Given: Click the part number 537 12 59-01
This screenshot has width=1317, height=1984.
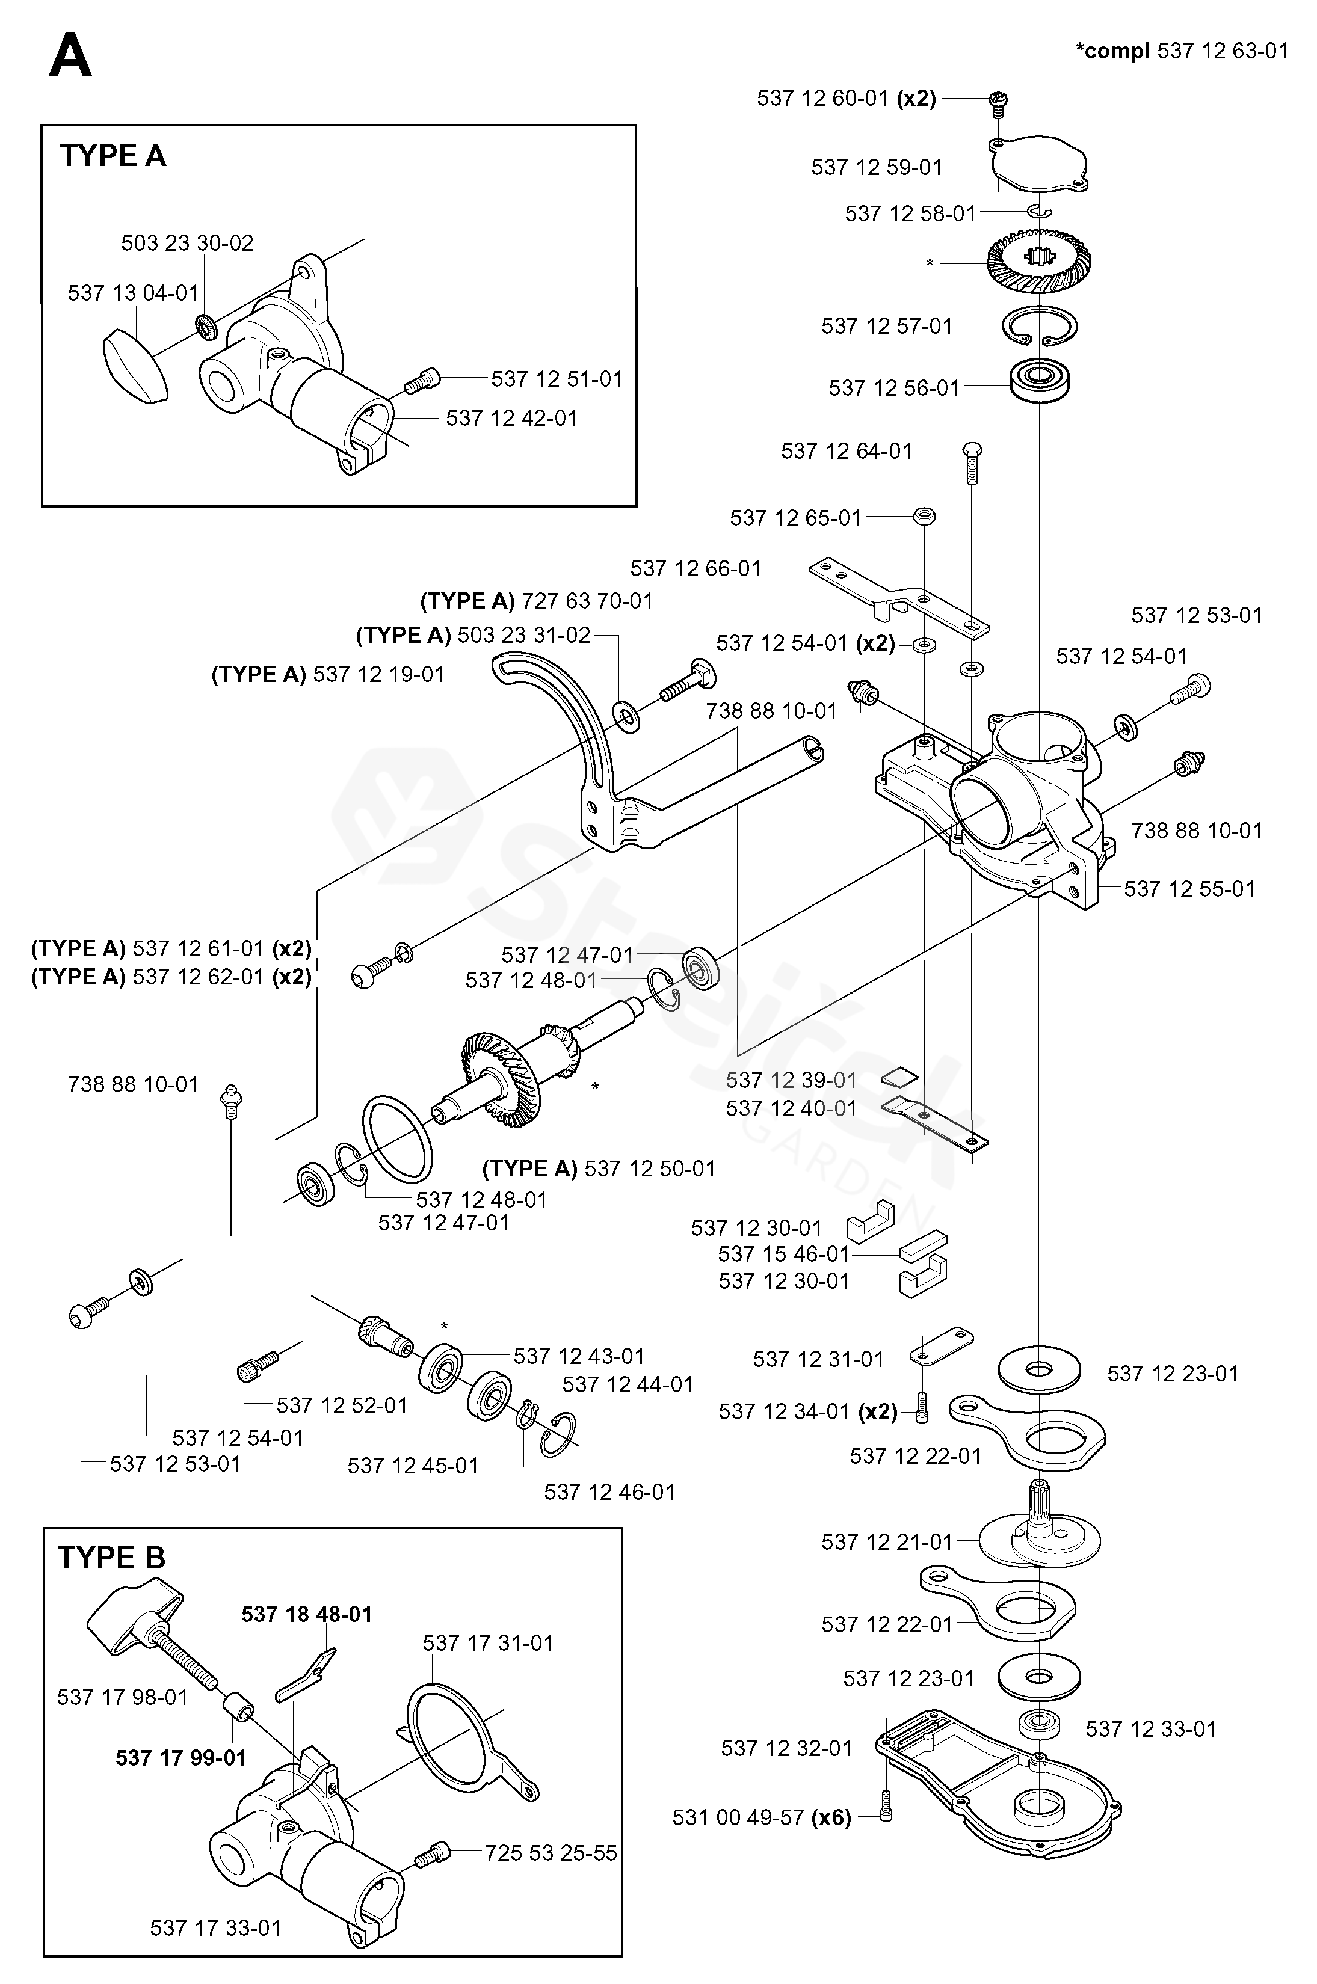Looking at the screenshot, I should pos(877,168).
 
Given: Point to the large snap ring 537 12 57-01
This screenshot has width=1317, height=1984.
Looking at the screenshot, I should pos(1040,326).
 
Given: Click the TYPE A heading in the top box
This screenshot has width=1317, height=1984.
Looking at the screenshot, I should pos(113,156).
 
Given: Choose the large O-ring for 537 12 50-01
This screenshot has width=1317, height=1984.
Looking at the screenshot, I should pos(398,1138).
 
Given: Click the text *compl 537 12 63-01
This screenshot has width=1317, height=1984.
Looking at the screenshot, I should pos(1181,51).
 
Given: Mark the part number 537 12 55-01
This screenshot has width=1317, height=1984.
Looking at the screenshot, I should pos(1189,889).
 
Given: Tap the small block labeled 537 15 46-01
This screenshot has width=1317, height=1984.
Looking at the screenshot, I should pos(922,1246).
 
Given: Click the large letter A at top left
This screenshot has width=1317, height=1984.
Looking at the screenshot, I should pos(70,57).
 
